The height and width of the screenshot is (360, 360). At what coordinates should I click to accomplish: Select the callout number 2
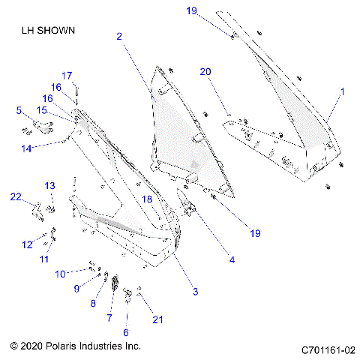(x=119, y=35)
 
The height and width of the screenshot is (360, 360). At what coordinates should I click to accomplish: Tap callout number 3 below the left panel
(x=196, y=291)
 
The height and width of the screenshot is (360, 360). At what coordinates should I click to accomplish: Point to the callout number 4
(x=232, y=260)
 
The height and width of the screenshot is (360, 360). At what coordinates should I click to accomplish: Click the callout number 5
(x=19, y=111)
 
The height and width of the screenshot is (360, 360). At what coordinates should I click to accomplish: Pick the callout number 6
(x=125, y=331)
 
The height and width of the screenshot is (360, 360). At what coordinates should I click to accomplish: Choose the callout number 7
(x=109, y=318)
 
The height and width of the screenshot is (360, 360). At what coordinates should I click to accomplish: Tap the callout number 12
(x=26, y=244)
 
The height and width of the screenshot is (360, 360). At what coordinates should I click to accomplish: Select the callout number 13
(x=49, y=185)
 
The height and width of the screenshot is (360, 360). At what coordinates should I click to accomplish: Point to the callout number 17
(x=66, y=75)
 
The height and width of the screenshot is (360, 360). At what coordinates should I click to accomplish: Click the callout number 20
(x=205, y=71)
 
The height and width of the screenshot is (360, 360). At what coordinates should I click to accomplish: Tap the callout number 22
(x=16, y=196)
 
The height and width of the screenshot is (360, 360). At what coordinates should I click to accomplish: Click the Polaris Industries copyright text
(x=76, y=346)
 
